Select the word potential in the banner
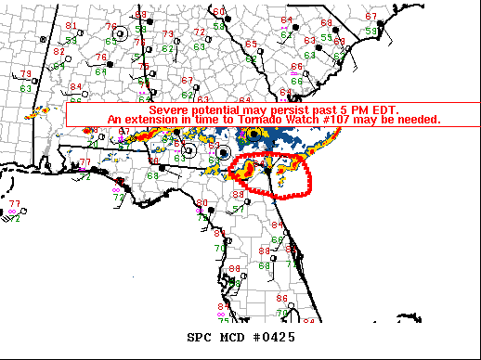click(x=219, y=109)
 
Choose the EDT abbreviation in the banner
click(x=383, y=109)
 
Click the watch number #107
click(x=345, y=120)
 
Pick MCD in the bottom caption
click(x=233, y=337)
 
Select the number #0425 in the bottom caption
click(x=274, y=337)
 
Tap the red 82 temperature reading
click(x=58, y=51)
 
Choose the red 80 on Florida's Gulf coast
click(x=202, y=202)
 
